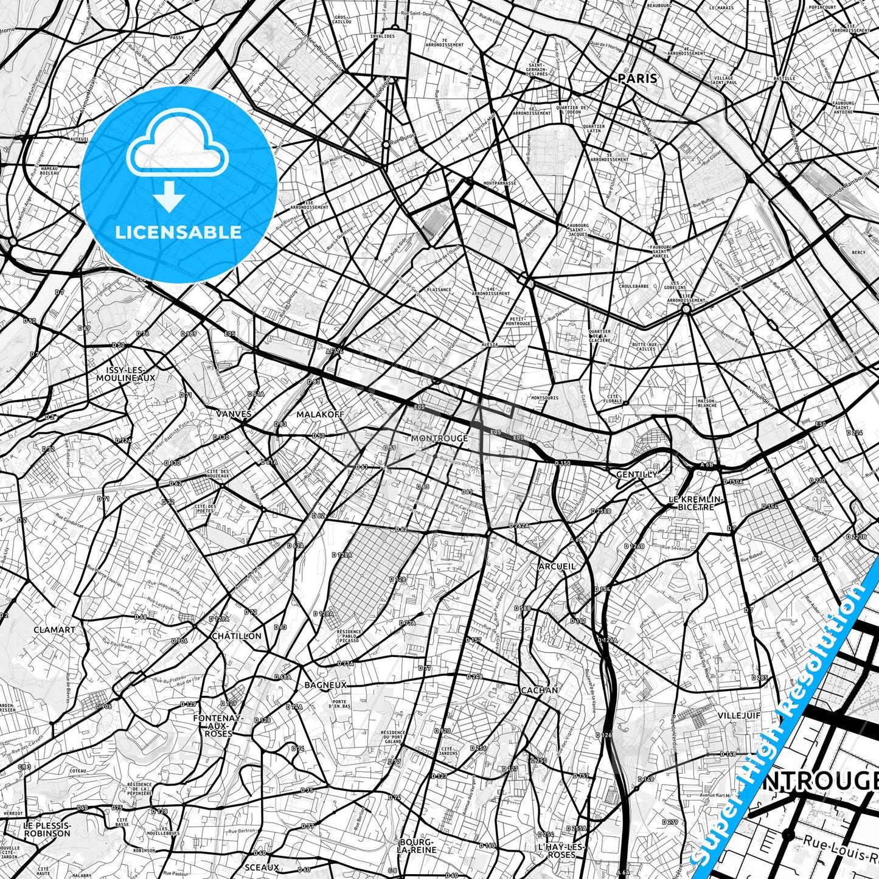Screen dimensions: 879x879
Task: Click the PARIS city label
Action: tap(638, 78)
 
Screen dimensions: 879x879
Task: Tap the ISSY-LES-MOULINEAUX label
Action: tap(125, 373)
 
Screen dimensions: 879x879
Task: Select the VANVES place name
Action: tap(234, 414)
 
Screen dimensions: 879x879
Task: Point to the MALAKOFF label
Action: tap(320, 414)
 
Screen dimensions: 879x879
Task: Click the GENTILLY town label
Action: tap(637, 474)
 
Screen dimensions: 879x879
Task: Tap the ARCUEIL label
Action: tap(557, 566)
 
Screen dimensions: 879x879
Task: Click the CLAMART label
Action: tap(55, 630)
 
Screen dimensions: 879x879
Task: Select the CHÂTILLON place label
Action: tap(237, 636)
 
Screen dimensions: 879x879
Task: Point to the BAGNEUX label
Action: tap(325, 685)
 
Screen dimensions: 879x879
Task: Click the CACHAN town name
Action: tap(539, 690)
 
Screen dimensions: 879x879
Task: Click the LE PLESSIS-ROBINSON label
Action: tap(47, 829)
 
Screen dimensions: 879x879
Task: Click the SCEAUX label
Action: tap(262, 867)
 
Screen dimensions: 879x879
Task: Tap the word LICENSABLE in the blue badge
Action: tap(178, 232)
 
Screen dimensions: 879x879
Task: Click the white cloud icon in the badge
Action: tap(177, 151)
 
